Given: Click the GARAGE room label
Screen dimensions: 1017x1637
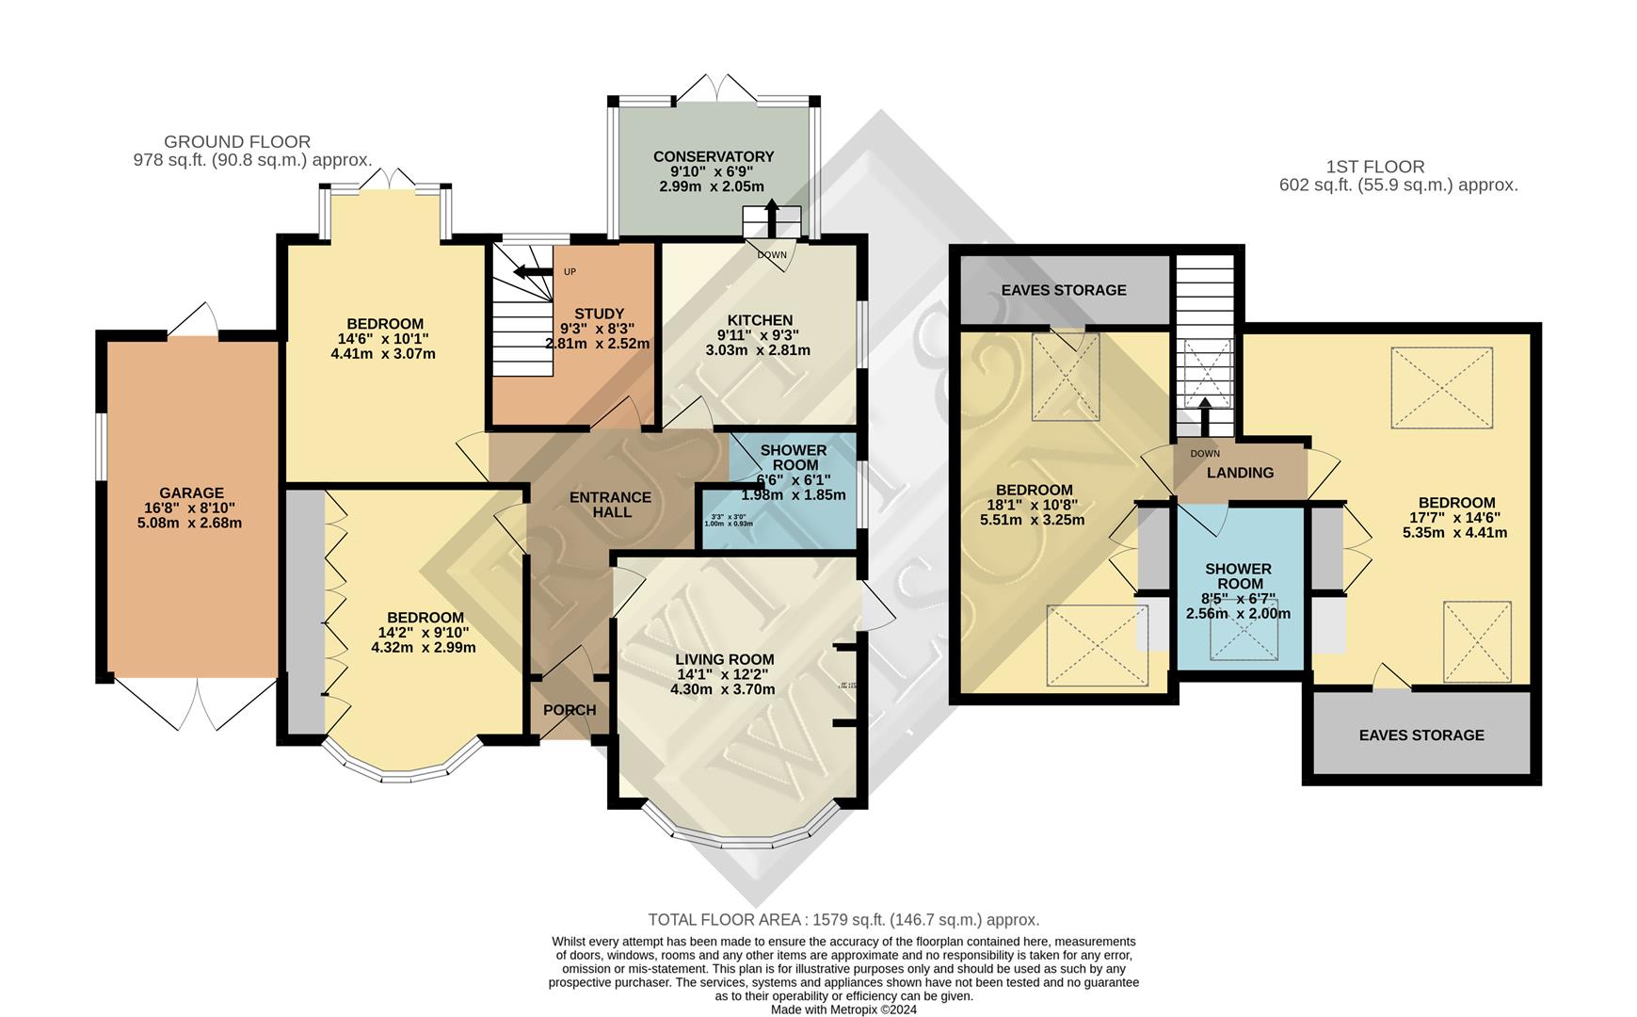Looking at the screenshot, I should pos(191,492).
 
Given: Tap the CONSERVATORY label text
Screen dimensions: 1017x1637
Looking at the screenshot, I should pos(713,156).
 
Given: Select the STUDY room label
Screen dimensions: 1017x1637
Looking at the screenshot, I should pos(599,314).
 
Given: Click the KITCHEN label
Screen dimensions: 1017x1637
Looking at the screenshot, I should pos(759,320).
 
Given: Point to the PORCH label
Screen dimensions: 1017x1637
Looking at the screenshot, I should pos(570,710).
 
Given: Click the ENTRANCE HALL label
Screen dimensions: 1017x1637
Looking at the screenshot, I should pos(610,505).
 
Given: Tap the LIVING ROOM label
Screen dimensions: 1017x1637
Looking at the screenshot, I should pos(724,659).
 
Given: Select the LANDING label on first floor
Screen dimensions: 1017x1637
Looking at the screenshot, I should pos(1240,473).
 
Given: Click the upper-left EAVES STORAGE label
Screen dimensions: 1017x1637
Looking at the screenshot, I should pos(1063,290).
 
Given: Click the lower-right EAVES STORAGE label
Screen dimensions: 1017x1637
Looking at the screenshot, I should pos(1420,734).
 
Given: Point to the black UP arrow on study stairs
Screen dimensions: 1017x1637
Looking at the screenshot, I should pos(532,273).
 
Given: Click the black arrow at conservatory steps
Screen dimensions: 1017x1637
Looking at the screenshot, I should pos(772,216).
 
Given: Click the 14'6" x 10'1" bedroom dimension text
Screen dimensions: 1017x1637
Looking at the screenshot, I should pos(383,339).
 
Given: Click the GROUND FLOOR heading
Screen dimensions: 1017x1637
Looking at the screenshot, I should pos(236,142).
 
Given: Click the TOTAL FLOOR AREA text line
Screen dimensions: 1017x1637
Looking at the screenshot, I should pos(843,919).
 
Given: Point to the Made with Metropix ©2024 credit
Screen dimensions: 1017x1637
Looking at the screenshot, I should pos(843,1009).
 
